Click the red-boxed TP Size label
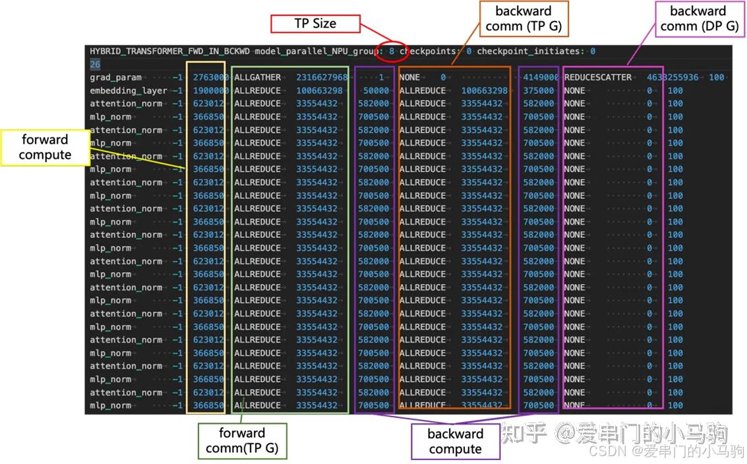(x=315, y=24)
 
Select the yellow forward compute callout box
(x=45, y=147)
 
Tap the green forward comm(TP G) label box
(x=241, y=441)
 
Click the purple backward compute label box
(x=456, y=442)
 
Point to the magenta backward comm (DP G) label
(x=698, y=18)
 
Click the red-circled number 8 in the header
(x=392, y=51)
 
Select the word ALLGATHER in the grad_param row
(x=257, y=77)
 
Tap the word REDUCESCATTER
(x=597, y=77)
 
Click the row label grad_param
(x=115, y=77)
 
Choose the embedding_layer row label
(x=129, y=90)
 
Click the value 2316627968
(x=322, y=77)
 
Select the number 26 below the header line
(x=95, y=64)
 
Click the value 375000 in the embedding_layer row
(x=539, y=90)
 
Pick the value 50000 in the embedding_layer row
(x=376, y=90)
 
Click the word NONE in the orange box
(x=410, y=77)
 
